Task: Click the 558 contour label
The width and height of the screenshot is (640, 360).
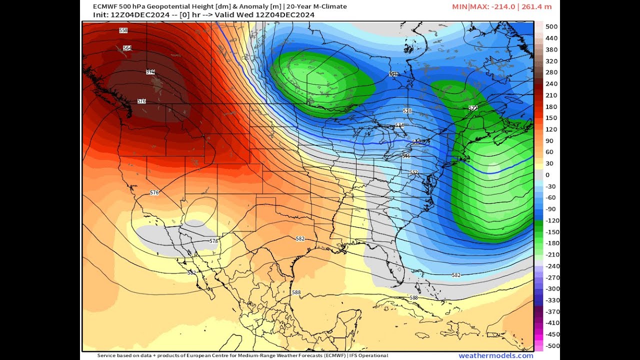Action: point(123,30)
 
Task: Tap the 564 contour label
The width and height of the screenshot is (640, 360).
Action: point(127,48)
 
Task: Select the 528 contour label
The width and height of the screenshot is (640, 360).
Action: point(407,111)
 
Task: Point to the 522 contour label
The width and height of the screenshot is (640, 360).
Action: point(473,108)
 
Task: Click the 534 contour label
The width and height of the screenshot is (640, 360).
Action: point(399,125)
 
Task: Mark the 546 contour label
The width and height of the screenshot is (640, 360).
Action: point(406,156)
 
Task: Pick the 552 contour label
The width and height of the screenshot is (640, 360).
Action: point(414,172)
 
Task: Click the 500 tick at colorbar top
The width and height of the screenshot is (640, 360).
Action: point(551,26)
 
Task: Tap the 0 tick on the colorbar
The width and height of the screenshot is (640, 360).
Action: point(547,175)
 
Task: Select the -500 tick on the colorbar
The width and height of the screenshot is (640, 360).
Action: point(552,346)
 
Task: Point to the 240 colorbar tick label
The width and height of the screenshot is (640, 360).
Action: point(551,83)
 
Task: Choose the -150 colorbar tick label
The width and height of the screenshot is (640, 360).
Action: point(552,232)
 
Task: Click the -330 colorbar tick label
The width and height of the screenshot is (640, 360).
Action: point(552,300)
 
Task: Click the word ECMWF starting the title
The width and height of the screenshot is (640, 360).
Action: point(104,6)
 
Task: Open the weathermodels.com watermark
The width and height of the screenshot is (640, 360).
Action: point(496,355)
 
